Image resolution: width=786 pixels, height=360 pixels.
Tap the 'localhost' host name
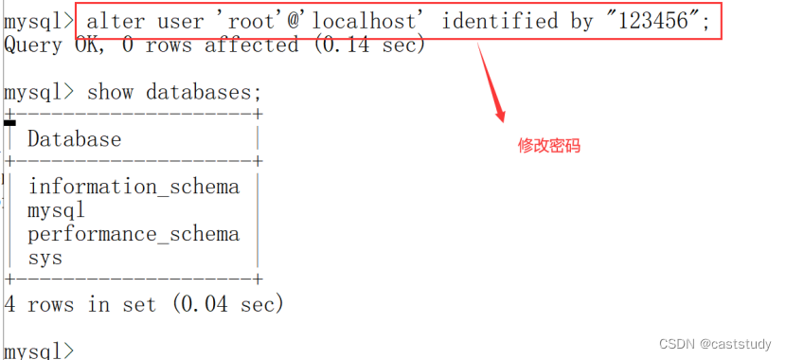[353, 20]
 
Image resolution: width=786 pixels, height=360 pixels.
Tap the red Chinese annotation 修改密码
[549, 146]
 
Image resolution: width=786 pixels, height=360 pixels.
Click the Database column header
[74, 139]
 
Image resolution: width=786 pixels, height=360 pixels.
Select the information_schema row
[134, 187]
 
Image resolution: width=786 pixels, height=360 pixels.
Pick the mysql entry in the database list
[56, 210]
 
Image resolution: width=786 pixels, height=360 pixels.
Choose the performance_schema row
[134, 234]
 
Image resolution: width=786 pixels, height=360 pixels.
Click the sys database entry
[45, 258]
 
